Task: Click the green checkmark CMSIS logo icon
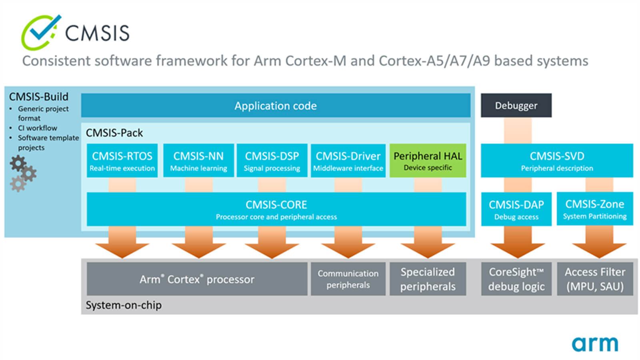41,32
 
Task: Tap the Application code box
276,106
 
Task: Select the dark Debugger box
516,106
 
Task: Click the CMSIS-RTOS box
122,160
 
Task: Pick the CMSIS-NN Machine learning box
198,160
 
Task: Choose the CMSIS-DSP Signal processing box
272,160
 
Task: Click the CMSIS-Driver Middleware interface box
348,160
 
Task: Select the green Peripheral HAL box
428,160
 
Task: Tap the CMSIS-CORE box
276,209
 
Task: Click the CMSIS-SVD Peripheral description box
557,160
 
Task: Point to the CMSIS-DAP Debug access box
516,209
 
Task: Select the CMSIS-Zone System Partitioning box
595,209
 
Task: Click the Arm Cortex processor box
197,279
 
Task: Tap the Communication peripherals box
348,279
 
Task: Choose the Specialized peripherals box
428,279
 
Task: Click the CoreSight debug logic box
516,279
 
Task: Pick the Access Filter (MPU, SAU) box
595,279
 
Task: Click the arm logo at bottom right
595,344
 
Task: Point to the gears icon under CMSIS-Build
23,174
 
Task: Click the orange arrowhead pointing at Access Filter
599,250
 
